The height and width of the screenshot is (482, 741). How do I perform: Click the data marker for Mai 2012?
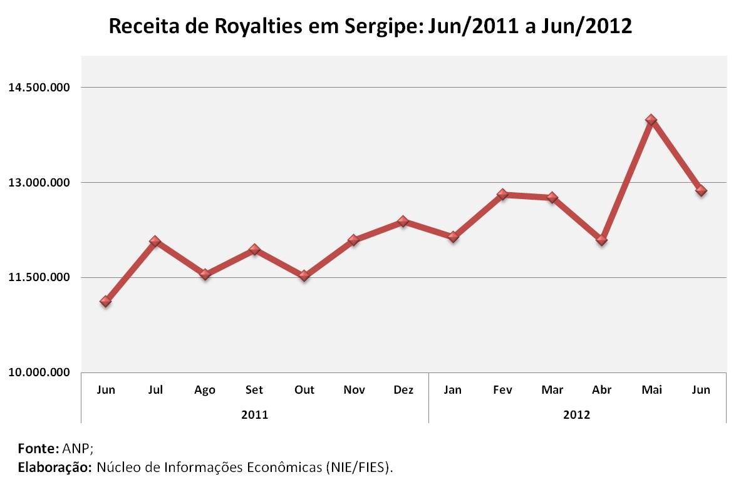tap(651, 120)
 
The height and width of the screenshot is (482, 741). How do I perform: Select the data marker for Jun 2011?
tap(106, 302)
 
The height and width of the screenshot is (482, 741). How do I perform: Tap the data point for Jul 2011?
tap(155, 242)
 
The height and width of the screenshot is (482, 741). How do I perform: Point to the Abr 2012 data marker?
tap(601, 240)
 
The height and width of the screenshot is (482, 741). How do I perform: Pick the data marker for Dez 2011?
tap(403, 221)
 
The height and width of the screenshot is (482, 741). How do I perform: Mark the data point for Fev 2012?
tap(502, 195)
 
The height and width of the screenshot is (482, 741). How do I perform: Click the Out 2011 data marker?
tap(304, 275)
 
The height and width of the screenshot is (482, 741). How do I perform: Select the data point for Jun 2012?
tap(701, 190)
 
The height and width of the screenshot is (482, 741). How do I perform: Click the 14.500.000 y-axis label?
tap(39, 88)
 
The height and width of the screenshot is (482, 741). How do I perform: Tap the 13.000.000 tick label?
tap(39, 183)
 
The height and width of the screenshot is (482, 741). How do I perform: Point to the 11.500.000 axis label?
tap(39, 277)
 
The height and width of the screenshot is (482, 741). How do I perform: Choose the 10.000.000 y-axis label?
tap(39, 372)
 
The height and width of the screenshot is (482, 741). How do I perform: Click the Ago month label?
tap(205, 390)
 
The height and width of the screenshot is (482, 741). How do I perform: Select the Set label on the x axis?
tap(254, 390)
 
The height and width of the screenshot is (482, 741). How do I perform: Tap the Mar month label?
tap(552, 390)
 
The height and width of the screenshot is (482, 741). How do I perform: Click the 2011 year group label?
tap(254, 414)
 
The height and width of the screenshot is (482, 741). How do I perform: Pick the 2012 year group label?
tap(577, 414)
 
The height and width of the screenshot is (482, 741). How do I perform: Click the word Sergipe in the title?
tap(375, 27)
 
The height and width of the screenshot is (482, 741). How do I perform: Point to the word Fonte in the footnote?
tap(38, 448)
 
